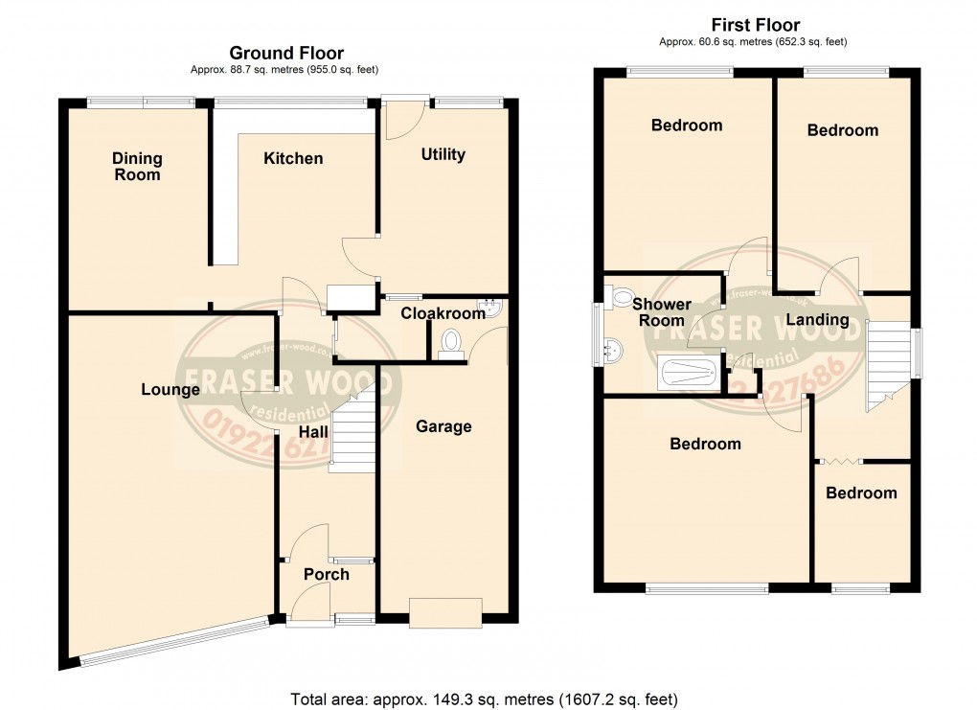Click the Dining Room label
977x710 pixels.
pyautogui.click(x=137, y=167)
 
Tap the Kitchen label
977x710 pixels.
pyautogui.click(x=293, y=158)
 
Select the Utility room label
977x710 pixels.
pyautogui.click(x=443, y=154)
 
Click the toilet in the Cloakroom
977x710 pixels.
pyautogui.click(x=450, y=344)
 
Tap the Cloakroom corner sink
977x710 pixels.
pyautogui.click(x=493, y=308)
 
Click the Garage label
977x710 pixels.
pyautogui.click(x=443, y=426)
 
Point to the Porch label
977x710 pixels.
pyautogui.click(x=326, y=574)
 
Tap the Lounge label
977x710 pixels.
pyautogui.click(x=170, y=389)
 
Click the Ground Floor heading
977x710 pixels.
pyautogui.click(x=285, y=54)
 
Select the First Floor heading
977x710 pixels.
pyautogui.click(x=756, y=26)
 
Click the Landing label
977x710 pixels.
pyautogui.click(x=817, y=319)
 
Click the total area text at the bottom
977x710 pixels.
pyautogui.click(x=485, y=699)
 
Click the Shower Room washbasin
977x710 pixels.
pyautogui.click(x=613, y=351)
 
